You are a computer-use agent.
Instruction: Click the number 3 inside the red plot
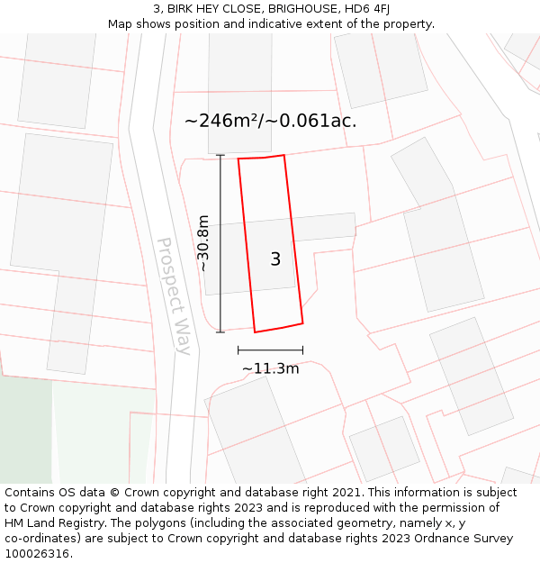[275, 259]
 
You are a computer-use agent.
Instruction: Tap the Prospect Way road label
[175, 295]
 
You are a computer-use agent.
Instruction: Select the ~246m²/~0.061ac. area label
[270, 121]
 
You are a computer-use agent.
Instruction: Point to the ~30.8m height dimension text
[203, 243]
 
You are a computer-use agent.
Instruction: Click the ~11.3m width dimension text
[270, 368]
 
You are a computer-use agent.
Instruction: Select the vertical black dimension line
[220, 243]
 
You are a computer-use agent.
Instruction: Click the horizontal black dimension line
[270, 350]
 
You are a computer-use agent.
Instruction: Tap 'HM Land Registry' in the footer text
[55, 523]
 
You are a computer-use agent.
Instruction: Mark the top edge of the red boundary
[261, 158]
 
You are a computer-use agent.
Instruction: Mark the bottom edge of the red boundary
[278, 327]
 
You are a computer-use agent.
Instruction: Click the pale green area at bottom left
[99, 432]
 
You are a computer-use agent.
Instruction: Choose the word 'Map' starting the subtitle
[121, 23]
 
